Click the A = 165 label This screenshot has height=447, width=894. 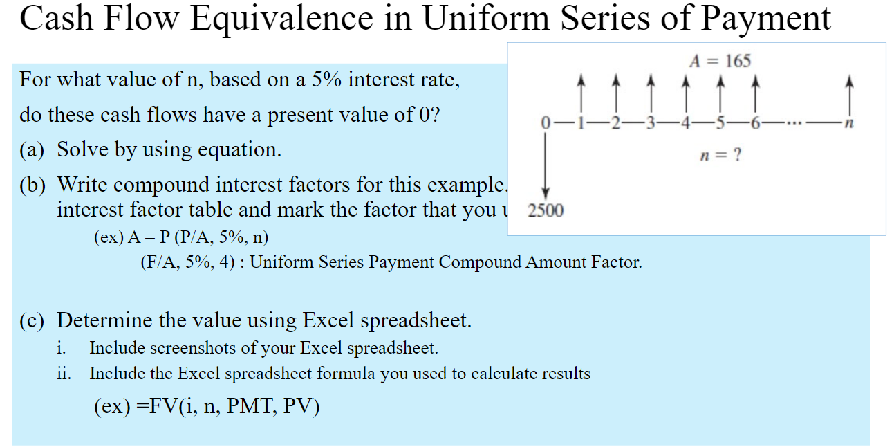point(719,61)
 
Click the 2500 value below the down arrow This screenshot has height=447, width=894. point(546,210)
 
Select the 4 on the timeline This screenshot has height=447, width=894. point(685,124)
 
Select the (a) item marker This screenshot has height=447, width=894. point(32,149)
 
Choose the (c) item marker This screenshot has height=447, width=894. point(32,320)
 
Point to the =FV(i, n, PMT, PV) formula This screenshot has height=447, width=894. point(207,405)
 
